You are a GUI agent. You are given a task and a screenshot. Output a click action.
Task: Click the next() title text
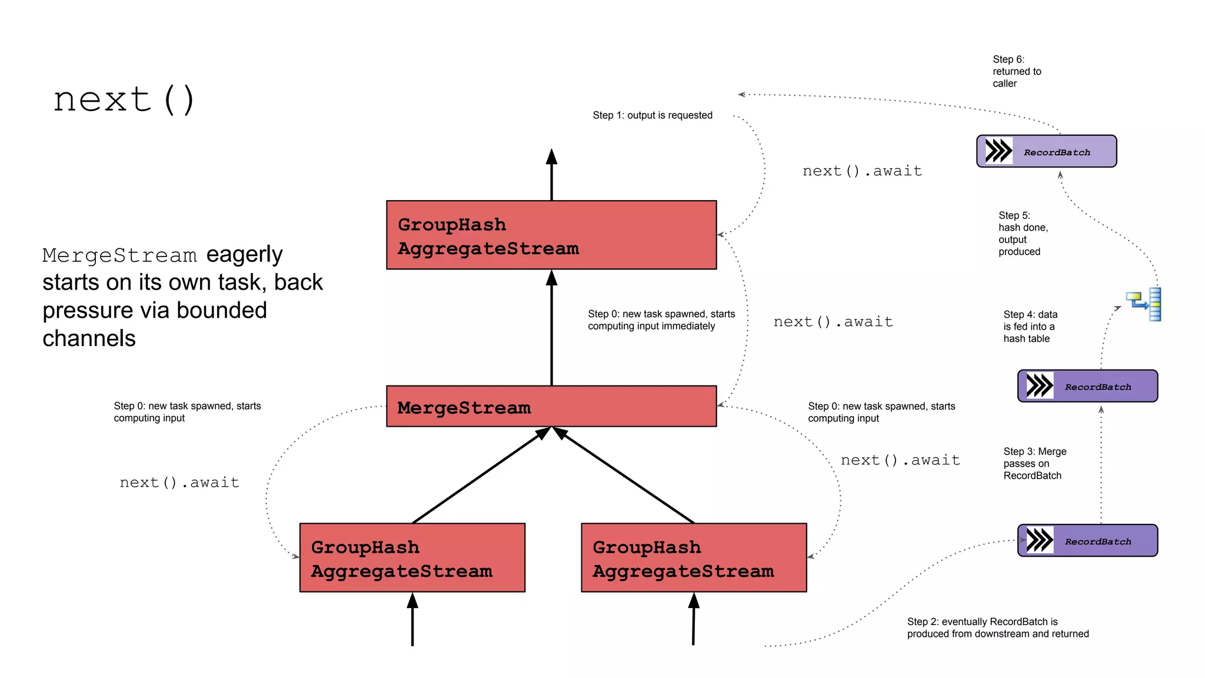[x=124, y=99]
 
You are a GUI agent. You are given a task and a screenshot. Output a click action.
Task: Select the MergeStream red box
[x=551, y=406]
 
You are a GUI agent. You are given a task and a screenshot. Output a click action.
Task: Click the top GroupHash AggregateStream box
[x=551, y=235]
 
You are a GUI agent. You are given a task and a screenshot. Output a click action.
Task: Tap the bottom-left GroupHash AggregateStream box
[x=412, y=557]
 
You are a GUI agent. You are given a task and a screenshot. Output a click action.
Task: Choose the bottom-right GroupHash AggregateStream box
[x=693, y=557]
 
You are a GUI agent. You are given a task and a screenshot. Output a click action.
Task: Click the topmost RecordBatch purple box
[x=1046, y=151]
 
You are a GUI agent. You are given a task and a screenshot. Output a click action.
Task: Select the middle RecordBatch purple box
[x=1087, y=386]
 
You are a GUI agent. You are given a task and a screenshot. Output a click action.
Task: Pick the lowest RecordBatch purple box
[x=1087, y=540]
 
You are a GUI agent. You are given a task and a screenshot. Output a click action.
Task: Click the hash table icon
[x=1144, y=304]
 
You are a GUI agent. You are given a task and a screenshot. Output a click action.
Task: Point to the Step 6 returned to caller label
[x=1016, y=71]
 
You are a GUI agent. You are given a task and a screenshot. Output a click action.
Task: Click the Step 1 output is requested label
[x=652, y=115]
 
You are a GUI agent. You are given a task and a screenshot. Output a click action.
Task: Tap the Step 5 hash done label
[x=1023, y=234]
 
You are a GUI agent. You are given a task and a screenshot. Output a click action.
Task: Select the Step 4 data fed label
[x=1030, y=327]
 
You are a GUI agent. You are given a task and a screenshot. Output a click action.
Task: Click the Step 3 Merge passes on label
[x=1034, y=464]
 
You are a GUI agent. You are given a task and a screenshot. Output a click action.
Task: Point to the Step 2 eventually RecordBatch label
[x=997, y=628]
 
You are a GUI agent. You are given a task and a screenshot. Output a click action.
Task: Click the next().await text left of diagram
[x=179, y=483]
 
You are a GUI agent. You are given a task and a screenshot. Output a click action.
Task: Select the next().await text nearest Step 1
[x=862, y=171]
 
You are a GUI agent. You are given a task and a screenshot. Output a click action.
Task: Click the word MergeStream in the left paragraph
[x=119, y=255]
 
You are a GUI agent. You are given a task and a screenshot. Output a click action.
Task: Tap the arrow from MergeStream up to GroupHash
[x=551, y=330]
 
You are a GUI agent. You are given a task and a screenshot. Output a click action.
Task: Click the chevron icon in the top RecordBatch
[x=998, y=151]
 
